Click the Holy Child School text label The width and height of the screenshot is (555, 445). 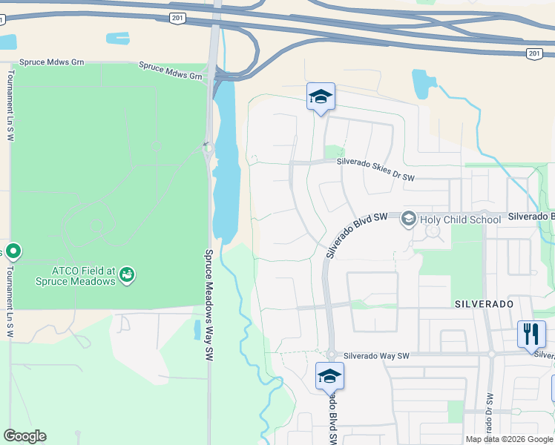pos(460,220)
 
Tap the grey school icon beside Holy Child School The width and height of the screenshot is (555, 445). pos(408,220)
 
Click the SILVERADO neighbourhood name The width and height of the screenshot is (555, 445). pos(484,305)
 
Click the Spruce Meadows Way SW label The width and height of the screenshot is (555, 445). pos(208,304)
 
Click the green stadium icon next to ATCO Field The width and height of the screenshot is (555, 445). pos(128,276)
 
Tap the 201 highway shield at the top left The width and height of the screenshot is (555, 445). pos(176,17)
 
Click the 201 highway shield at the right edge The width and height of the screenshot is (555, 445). pos(534,53)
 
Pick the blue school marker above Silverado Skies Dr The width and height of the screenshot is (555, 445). pos(321,97)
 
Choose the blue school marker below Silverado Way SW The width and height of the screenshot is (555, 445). pos(329,377)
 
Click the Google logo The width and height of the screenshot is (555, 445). pos(24,436)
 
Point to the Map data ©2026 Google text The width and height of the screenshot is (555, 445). pos(509,439)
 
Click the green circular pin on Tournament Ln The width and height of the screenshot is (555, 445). pos(13,252)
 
